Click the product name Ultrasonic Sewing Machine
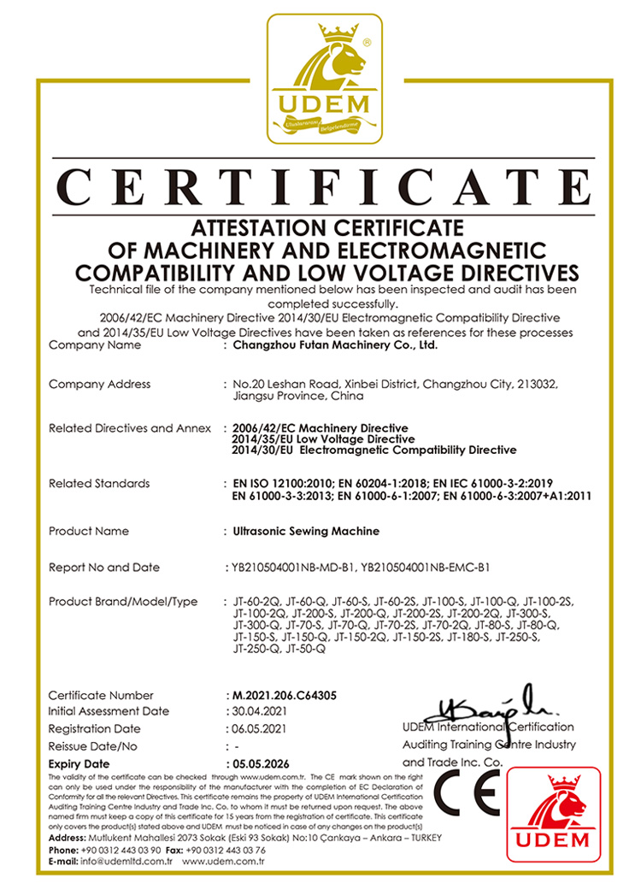(306, 532)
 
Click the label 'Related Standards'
(99, 484)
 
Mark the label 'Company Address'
(99, 385)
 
